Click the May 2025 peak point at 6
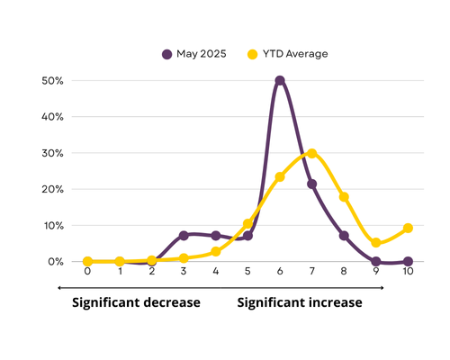point(280,80)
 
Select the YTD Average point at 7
point(312,154)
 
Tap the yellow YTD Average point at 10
point(408,228)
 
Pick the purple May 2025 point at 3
point(184,236)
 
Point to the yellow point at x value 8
point(344,197)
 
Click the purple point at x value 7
point(312,184)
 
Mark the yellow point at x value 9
point(376,242)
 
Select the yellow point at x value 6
point(280,177)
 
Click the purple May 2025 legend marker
point(167,54)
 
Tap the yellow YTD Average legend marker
point(253,54)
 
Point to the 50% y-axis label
point(52,81)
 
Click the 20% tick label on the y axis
point(52,189)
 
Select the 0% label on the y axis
point(56,262)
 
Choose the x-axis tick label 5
point(247,271)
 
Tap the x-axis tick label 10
point(408,271)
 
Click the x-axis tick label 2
point(152,271)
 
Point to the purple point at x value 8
point(344,236)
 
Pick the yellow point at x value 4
point(216,252)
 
